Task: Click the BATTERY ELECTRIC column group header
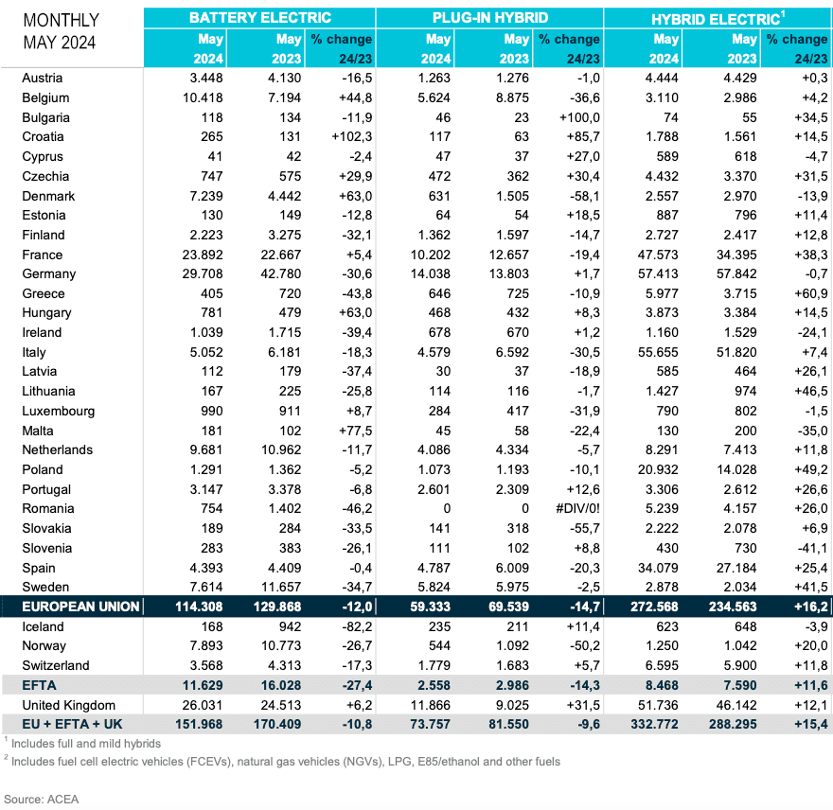tap(259, 18)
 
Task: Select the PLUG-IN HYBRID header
tap(489, 18)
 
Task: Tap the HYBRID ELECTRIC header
tap(718, 19)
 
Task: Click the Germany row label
tap(49, 274)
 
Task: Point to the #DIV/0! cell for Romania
tap(577, 508)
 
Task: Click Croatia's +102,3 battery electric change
tap(351, 136)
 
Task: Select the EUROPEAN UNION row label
tap(80, 607)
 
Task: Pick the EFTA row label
tap(39, 685)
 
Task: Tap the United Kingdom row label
tap(68, 705)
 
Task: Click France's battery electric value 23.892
tap(203, 255)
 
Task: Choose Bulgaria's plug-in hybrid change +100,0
tap(579, 117)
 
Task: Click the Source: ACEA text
tap(41, 800)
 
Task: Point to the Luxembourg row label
tap(59, 411)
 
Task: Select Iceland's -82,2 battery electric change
tap(357, 626)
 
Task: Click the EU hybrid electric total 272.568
tap(654, 607)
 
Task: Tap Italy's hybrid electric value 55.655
tap(658, 352)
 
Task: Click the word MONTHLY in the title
tap(62, 20)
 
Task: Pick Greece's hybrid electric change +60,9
tap(811, 293)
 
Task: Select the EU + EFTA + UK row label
tap(72, 724)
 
